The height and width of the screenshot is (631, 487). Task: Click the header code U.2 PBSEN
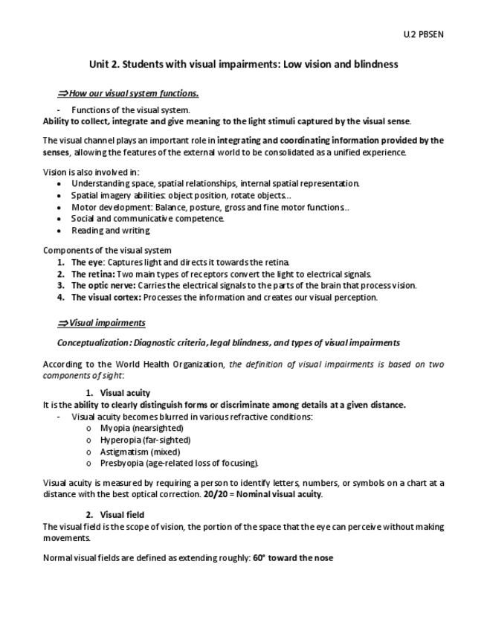(424, 34)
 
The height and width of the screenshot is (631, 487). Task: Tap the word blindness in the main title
(372, 64)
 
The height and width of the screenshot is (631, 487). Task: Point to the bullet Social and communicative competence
(147, 219)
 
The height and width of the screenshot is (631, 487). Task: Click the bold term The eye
(88, 262)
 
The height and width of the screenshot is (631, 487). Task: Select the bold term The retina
(92, 274)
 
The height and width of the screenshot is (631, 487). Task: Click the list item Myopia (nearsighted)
(141, 428)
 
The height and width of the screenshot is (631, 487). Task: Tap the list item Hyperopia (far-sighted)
(145, 440)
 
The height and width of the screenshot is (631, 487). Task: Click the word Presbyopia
(121, 463)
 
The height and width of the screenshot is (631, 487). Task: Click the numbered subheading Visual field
(122, 515)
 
